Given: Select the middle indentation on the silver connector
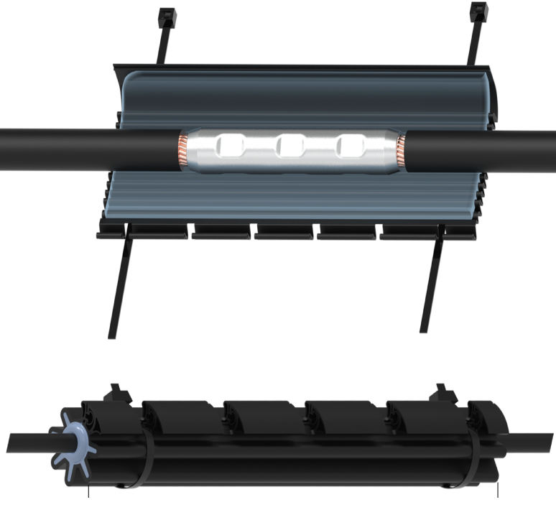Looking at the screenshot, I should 292,147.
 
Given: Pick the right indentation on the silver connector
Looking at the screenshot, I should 352,147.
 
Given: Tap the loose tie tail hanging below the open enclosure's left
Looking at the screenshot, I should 119,287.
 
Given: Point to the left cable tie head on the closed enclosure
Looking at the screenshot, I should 116,394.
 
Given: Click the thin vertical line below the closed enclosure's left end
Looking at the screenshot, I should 88,492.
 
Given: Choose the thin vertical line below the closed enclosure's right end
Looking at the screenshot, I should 498,492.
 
